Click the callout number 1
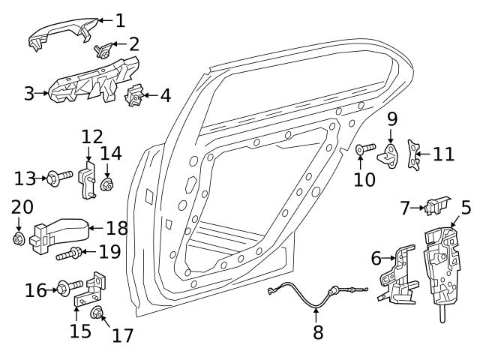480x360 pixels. tap(120, 19)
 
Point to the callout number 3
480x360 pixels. tap(28, 94)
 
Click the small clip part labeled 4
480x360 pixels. tap(136, 96)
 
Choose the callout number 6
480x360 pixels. tap(376, 259)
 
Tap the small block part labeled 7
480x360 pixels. tap(436, 204)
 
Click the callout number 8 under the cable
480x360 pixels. tap(318, 332)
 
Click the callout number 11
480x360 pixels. tap(443, 154)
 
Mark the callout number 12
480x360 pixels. tap(91, 137)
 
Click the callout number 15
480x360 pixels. tap(80, 331)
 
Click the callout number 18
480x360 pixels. tap(117, 228)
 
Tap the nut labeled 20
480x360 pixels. tap(19, 238)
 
